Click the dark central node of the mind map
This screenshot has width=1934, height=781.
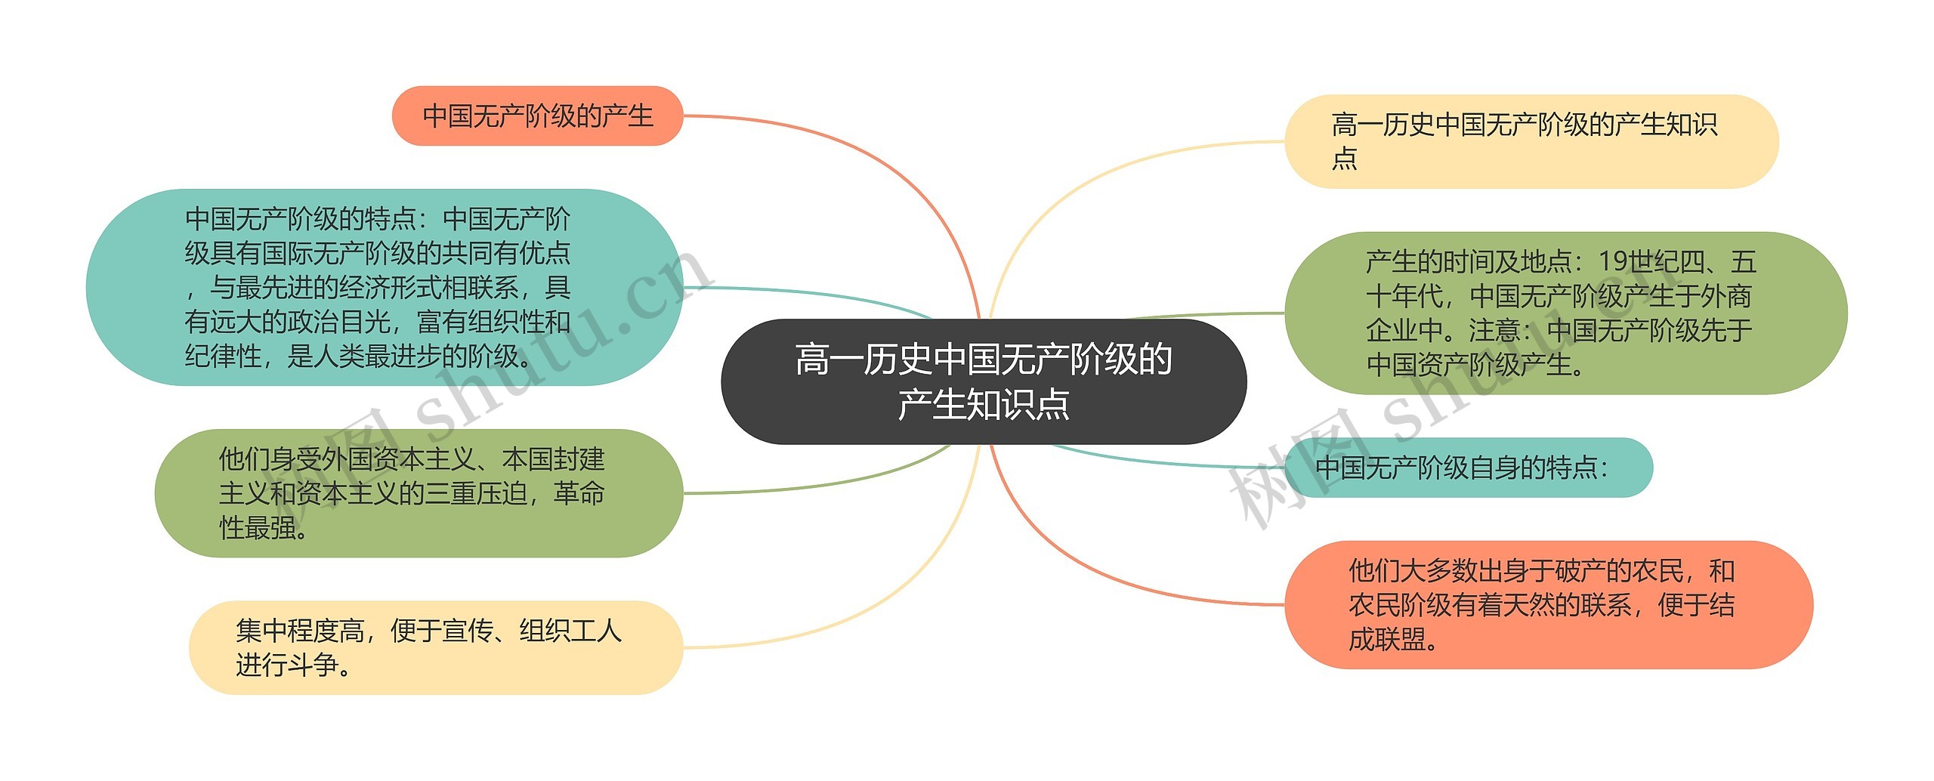pyautogui.click(x=983, y=381)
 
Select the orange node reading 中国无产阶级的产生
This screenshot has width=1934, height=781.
pyautogui.click(x=537, y=116)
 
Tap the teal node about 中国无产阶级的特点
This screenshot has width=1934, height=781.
pyautogui.click(x=384, y=287)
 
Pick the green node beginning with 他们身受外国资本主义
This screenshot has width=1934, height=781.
pyautogui.click(x=418, y=493)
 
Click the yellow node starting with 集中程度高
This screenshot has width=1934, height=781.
pyautogui.click(x=435, y=647)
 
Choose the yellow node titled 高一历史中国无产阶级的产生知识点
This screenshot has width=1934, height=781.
pyautogui.click(x=1531, y=141)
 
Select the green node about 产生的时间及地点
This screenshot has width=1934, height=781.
pyautogui.click(x=1565, y=313)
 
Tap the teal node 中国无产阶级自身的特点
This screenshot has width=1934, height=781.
pyautogui.click(x=1468, y=468)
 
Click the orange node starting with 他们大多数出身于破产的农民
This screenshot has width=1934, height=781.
pyautogui.click(x=1548, y=604)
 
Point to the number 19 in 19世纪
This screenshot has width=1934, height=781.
pyautogui.click(x=1613, y=261)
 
